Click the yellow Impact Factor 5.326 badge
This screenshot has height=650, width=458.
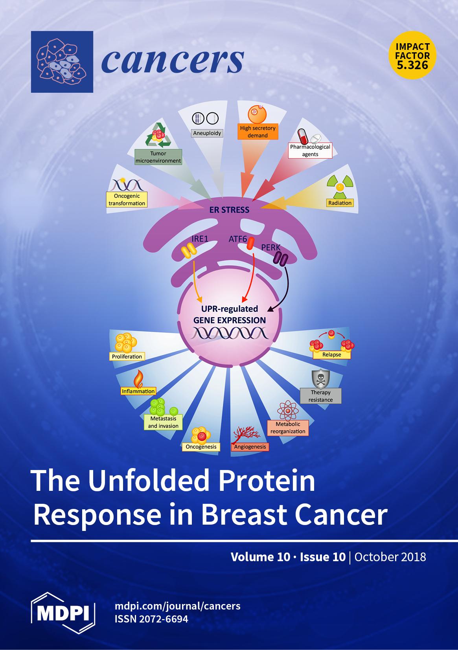[x=412, y=55]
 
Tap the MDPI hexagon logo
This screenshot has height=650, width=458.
[x=63, y=613]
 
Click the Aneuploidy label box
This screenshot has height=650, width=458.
[x=207, y=133]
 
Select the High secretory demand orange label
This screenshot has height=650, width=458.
[x=258, y=132]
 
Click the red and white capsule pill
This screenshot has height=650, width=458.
[x=303, y=136]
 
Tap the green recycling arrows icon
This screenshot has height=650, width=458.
[x=158, y=135]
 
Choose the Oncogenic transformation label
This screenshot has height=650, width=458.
[x=127, y=199]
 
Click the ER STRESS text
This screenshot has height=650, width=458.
[x=229, y=210]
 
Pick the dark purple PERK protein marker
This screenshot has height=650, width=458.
[x=280, y=259]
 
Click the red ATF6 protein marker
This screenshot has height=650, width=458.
[x=250, y=244]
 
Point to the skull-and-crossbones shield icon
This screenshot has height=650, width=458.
[x=321, y=379]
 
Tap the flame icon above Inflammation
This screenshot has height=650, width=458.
[x=138, y=379]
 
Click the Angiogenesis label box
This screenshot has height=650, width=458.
[x=250, y=446]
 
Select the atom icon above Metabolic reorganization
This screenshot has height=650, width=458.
[x=288, y=411]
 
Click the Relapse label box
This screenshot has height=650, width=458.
[x=332, y=354]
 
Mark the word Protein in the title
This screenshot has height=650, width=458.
[x=267, y=481]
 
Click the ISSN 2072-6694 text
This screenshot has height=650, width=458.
[x=151, y=619]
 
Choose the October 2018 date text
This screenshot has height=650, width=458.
[x=390, y=557]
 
